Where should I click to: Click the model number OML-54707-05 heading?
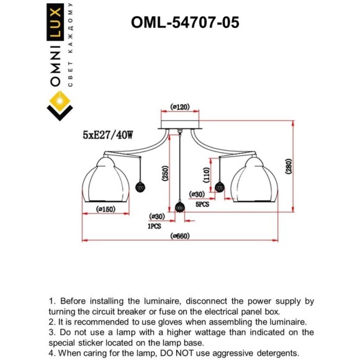click(185, 22)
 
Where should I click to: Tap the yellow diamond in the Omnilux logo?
click(60, 99)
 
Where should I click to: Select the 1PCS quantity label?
click(154, 226)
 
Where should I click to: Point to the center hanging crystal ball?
click(180, 207)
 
